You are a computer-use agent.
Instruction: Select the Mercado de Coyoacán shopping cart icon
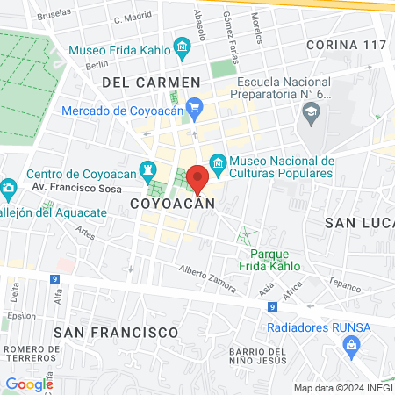coord(195,110)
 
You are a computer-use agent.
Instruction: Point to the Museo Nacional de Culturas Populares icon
coord(219,162)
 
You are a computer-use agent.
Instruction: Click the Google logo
coord(29,384)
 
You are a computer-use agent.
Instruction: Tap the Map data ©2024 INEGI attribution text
coord(342,388)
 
